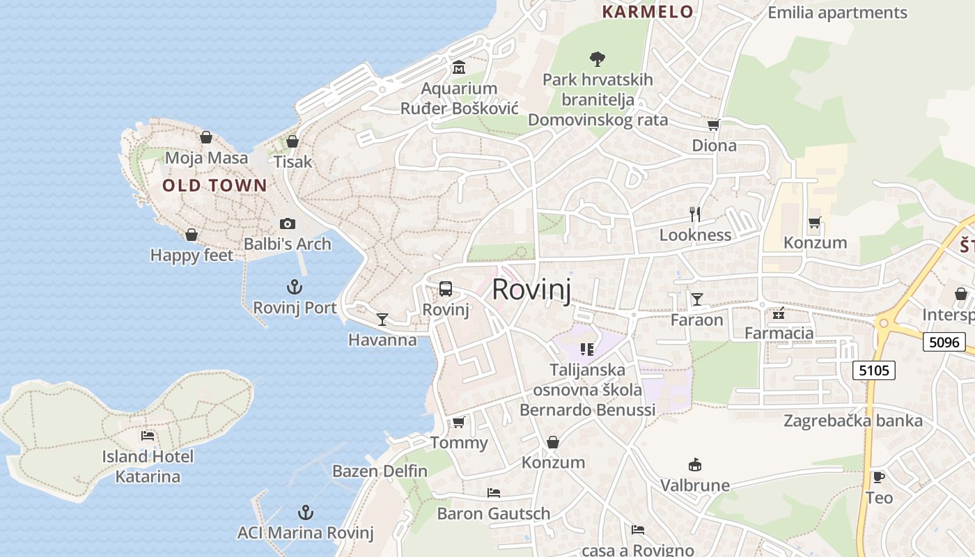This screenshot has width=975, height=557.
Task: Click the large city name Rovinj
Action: (531, 290)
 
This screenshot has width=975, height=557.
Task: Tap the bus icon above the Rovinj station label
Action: (446, 288)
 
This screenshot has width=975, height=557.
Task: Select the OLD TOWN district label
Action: (214, 185)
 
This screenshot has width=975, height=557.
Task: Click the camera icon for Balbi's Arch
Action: (287, 223)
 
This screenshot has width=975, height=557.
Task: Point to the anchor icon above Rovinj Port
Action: (295, 287)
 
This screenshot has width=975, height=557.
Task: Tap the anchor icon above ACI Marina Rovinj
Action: (305, 513)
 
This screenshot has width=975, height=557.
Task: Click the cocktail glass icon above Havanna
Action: (382, 320)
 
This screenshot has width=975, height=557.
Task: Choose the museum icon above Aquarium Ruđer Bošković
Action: (459, 68)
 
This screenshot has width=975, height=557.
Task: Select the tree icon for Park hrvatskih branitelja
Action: (597, 58)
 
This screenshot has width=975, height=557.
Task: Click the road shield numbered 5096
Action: (944, 342)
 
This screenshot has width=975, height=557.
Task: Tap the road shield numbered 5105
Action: (874, 370)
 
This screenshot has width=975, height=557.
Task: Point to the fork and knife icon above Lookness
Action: (694, 214)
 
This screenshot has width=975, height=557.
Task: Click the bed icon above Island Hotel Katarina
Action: (148, 436)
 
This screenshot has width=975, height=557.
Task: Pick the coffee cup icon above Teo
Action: (879, 477)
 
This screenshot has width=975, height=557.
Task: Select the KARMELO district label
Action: (648, 12)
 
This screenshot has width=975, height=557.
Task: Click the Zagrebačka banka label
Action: (853, 421)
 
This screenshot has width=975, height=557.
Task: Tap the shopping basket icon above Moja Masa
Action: (206, 137)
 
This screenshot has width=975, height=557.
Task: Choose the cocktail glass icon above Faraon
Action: (697, 299)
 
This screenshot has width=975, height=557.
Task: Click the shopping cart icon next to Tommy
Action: (458, 422)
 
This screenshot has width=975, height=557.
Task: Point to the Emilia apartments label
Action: (837, 13)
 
